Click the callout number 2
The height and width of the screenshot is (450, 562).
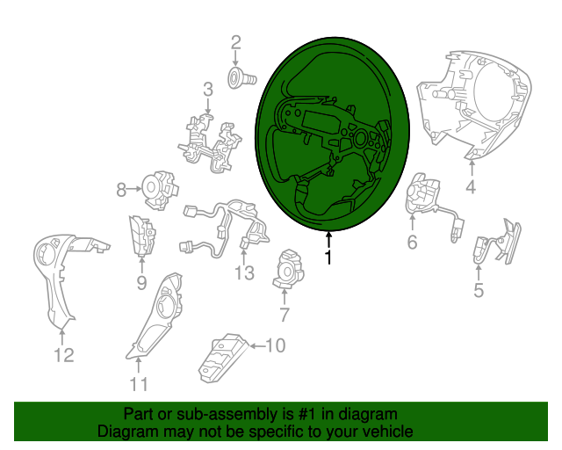[235, 43]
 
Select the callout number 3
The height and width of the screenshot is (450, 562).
[208, 90]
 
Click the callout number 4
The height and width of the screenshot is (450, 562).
[471, 187]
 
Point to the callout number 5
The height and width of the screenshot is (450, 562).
[479, 290]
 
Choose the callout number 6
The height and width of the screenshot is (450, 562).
[412, 243]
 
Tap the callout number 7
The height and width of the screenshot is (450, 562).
[284, 315]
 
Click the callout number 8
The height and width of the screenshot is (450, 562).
[121, 190]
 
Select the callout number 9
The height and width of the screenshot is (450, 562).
[141, 283]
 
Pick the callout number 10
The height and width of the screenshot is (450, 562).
[275, 345]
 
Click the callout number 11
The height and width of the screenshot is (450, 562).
[139, 385]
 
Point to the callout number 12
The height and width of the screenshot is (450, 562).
[64, 355]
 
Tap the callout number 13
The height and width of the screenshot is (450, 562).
[244, 272]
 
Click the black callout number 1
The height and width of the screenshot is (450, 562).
[328, 258]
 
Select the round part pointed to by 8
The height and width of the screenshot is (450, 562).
[160, 190]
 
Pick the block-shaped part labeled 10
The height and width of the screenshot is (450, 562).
[223, 358]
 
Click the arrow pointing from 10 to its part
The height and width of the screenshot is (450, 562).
[257, 346]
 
